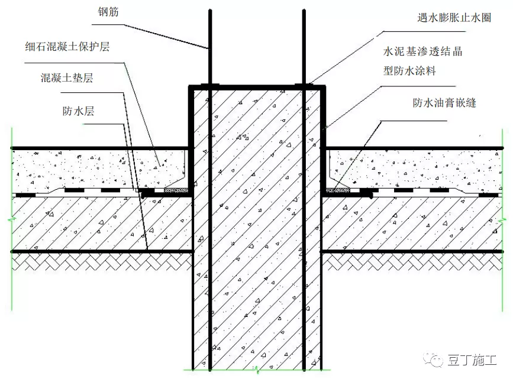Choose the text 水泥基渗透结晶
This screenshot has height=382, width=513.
point(422,51)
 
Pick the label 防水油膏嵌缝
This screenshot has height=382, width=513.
point(444,103)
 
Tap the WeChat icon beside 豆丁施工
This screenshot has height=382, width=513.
point(439,360)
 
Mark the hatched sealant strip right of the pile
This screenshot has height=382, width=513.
point(338,190)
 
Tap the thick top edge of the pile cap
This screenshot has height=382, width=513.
point(257,87)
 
